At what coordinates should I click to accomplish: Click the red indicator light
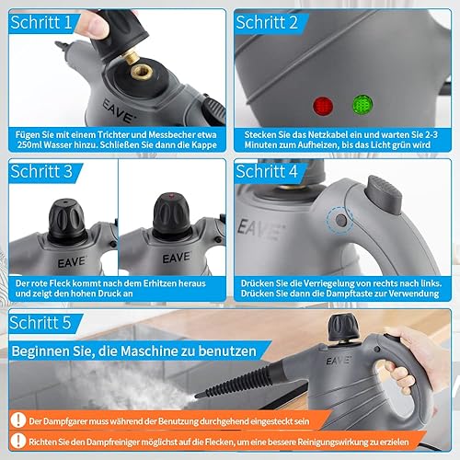323,106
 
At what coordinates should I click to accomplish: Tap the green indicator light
362,105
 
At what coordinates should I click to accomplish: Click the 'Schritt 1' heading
41,22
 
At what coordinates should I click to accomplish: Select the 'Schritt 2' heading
267,22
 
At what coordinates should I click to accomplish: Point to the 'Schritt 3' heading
41,171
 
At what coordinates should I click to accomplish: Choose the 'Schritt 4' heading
267,171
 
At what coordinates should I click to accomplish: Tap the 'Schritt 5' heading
40,322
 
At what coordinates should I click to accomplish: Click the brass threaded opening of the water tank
142,73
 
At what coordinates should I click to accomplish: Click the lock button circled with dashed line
341,220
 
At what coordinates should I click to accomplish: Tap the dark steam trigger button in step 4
384,194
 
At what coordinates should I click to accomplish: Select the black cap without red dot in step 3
66,220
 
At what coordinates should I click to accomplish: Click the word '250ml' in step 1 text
29,144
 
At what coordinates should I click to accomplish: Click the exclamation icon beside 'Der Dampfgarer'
18,420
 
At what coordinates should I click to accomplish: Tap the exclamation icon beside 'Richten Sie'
18,441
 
